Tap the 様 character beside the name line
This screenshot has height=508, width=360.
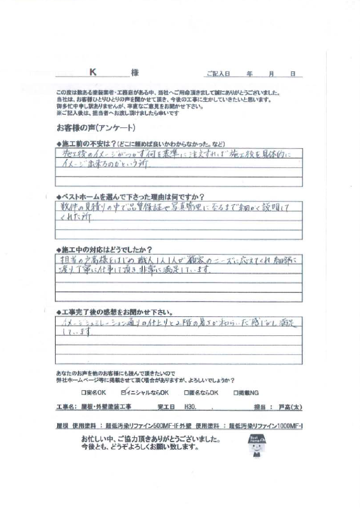click(135, 72)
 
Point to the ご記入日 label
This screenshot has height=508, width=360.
click(219, 73)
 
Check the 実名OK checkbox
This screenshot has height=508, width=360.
click(83, 392)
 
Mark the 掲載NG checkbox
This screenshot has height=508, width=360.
click(236, 392)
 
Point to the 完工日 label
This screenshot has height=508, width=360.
click(166, 407)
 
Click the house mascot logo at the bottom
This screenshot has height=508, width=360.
click(257, 444)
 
